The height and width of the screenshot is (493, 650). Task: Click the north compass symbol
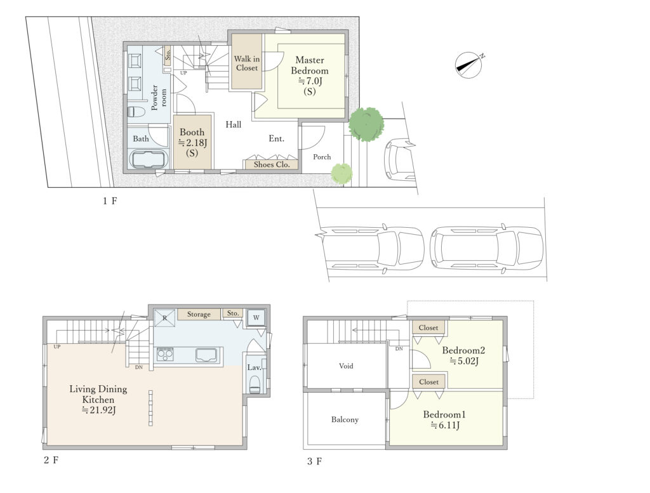(x=469, y=65)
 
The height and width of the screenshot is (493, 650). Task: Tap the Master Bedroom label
(x=310, y=65)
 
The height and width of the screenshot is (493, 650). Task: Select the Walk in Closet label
(x=247, y=63)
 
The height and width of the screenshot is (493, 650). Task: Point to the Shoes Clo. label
(x=272, y=164)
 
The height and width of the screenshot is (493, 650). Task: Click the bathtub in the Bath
(x=149, y=159)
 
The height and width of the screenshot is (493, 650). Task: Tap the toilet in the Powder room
(x=136, y=112)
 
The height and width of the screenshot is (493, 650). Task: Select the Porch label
(x=322, y=157)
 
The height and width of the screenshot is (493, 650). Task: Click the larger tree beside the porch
(x=366, y=124)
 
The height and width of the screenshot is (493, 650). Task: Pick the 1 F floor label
(x=110, y=201)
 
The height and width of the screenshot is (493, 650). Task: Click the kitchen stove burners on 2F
(x=165, y=355)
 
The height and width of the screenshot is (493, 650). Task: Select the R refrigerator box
(x=164, y=318)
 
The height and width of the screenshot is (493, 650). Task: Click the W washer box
(x=256, y=318)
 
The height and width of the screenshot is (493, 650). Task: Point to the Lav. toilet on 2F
(x=255, y=384)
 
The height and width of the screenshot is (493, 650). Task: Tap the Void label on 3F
(x=346, y=366)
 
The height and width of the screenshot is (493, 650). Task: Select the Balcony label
(x=345, y=419)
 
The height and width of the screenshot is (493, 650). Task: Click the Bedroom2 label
(x=463, y=350)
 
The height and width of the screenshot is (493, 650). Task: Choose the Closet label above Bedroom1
(x=428, y=382)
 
